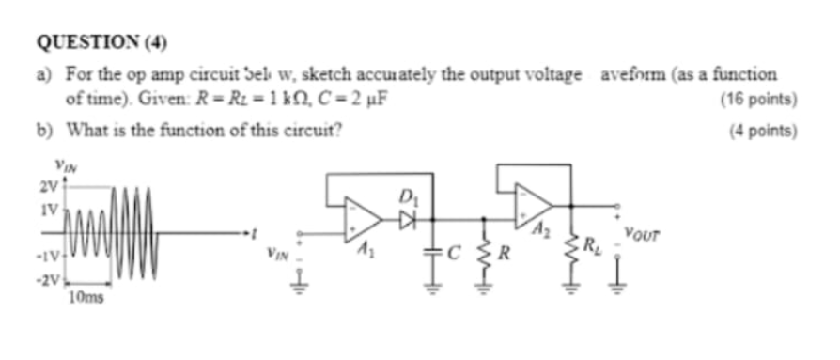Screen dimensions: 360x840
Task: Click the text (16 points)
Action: pos(758,98)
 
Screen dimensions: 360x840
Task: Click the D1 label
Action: pos(407,196)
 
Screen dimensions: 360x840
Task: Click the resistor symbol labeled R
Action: pos(485,252)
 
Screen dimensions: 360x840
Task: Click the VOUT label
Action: pos(642,228)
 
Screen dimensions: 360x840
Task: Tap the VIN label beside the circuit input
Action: pos(277,252)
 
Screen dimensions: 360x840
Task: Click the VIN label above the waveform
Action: pos(65,168)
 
